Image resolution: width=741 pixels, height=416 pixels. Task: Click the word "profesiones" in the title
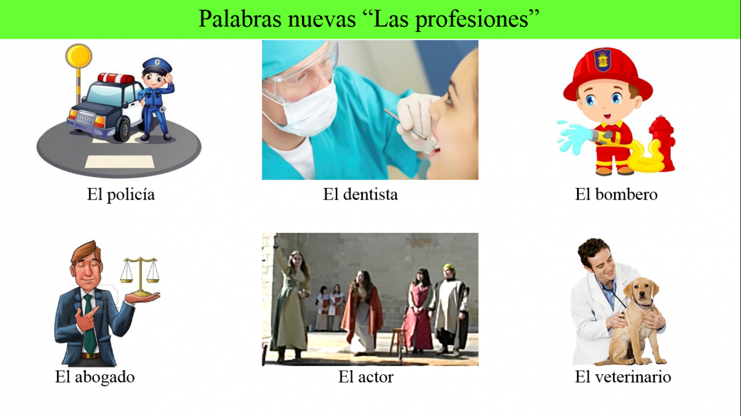coord(472,20)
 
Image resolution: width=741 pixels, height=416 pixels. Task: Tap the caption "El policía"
coord(121,194)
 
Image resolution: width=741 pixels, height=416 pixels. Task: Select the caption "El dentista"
coord(360,194)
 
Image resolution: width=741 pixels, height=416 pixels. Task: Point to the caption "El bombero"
coord(616,194)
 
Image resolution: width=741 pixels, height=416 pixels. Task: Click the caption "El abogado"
coord(95,377)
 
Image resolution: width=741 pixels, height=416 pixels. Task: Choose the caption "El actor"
coord(366,377)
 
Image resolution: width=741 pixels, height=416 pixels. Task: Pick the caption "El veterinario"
coord(623,377)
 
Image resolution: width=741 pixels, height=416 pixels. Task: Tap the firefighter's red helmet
coord(608,72)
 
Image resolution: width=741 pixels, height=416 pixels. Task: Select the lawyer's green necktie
coord(89,325)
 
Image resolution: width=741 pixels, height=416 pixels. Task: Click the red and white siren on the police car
coord(116,78)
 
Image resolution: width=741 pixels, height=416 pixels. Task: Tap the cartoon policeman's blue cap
coord(157,65)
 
